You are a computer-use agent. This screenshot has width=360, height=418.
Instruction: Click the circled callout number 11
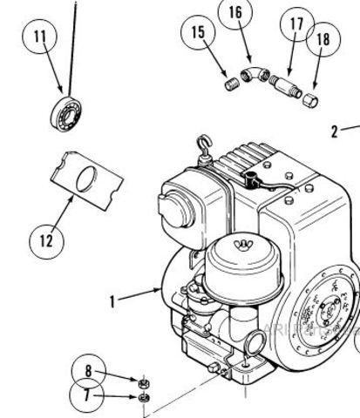[40, 37]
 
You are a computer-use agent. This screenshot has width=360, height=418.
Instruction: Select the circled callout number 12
[46, 241]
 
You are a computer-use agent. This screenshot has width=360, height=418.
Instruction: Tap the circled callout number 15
[198, 32]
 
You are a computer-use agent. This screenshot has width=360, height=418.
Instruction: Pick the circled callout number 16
[235, 12]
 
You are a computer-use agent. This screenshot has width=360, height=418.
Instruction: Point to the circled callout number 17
[297, 24]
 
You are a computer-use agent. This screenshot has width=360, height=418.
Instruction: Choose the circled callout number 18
[323, 39]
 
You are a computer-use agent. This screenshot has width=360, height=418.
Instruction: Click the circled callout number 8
[88, 371]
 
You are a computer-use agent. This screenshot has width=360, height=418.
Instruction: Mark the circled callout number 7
[86, 395]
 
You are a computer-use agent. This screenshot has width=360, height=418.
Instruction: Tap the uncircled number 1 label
[112, 301]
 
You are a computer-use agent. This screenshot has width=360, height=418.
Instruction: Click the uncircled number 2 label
[335, 131]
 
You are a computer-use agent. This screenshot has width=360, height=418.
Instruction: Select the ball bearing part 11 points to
[66, 114]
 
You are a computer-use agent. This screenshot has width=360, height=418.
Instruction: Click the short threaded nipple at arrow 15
[233, 84]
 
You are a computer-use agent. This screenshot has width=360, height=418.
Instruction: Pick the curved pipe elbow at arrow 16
[255, 74]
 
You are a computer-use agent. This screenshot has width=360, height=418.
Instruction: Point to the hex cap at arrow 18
[310, 100]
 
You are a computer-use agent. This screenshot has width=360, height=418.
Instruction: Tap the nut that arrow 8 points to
[144, 383]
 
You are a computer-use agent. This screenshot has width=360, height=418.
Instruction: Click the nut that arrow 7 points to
[144, 397]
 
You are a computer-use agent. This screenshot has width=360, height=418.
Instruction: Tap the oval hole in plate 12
[86, 179]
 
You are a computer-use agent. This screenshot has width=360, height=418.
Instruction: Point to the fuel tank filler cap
[175, 208]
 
